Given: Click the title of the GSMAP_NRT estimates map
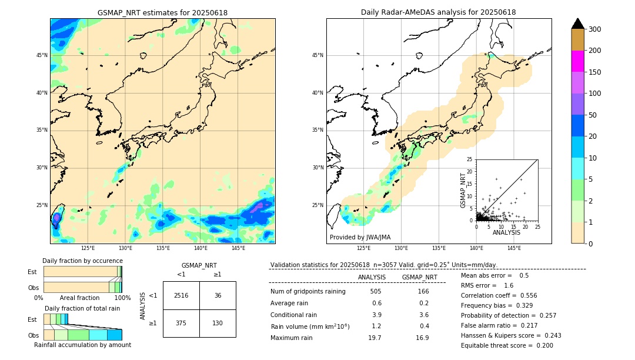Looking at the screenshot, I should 162,13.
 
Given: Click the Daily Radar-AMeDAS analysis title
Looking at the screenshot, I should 438,13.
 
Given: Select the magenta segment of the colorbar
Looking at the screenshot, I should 577,61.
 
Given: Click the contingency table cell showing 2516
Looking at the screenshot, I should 181,295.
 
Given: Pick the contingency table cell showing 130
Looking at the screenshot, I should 218,323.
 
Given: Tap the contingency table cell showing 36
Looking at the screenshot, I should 218,295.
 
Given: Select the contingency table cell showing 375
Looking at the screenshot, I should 181,323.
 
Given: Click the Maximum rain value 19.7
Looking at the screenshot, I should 375,338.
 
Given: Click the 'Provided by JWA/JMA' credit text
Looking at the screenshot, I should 360,238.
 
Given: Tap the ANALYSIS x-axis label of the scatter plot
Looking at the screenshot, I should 506,232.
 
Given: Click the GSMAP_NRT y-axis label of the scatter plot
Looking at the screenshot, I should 463,189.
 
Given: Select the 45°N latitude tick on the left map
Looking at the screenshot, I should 42,55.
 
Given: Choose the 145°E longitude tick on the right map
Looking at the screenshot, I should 514,248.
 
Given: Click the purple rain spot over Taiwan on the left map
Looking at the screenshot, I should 56,218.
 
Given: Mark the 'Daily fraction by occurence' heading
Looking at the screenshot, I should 82,261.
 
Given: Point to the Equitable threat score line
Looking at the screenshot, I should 507,345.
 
